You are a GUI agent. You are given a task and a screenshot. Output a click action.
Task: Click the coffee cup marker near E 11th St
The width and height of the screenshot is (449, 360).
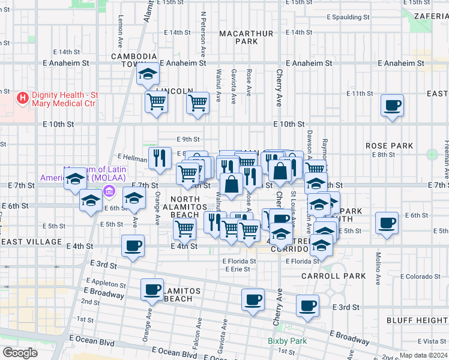(x=393, y=106)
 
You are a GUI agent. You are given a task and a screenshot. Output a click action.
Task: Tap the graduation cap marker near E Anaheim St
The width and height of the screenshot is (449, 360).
(x=147, y=74)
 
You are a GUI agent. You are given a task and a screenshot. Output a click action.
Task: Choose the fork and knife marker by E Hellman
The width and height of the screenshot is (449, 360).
(x=158, y=158)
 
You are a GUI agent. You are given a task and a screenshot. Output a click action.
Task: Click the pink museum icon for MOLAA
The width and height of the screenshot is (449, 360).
(x=109, y=192)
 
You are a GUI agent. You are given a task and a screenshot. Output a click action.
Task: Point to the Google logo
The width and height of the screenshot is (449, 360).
(x=20, y=353)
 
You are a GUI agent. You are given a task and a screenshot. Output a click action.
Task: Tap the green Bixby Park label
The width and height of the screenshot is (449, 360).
(x=287, y=341)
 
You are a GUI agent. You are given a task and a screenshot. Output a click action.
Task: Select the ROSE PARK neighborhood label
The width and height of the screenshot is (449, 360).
(x=389, y=146)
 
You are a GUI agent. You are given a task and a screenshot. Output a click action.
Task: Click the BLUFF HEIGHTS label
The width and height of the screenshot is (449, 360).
(x=417, y=320)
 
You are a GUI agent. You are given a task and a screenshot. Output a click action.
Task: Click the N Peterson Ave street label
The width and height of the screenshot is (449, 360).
(x=203, y=33)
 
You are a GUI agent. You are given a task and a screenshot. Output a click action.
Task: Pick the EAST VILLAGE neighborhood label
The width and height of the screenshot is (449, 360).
(x=31, y=241)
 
